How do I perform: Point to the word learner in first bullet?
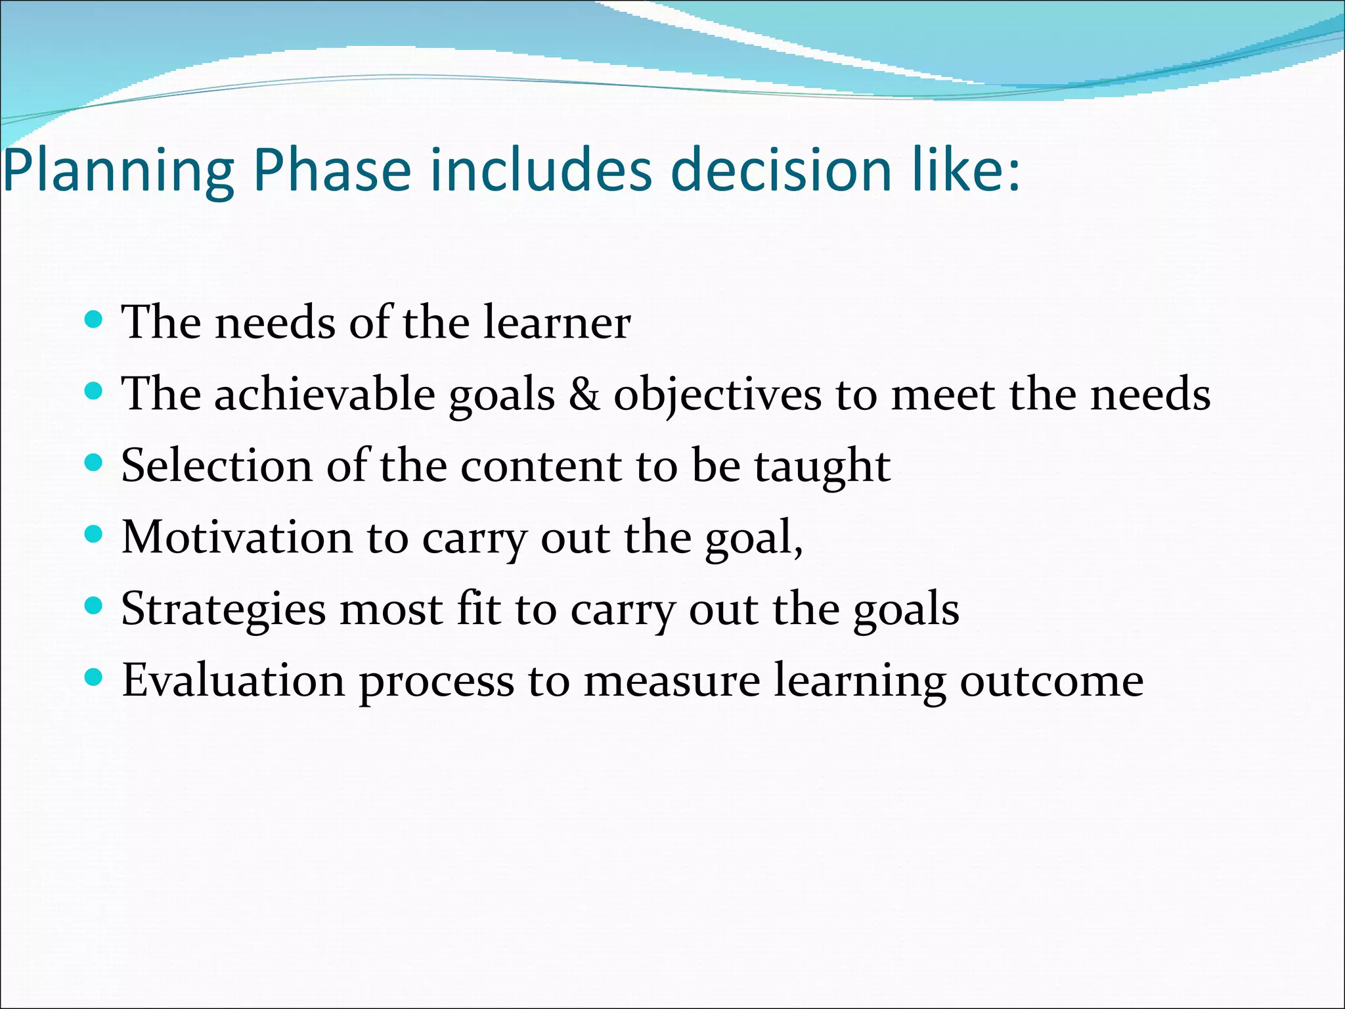point(557,323)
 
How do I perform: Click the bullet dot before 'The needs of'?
point(95,320)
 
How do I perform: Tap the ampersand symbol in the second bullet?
point(584,395)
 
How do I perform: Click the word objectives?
point(717,396)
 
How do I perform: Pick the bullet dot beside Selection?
point(95,463)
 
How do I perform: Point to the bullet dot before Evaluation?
point(95,677)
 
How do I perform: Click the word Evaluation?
point(234,681)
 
